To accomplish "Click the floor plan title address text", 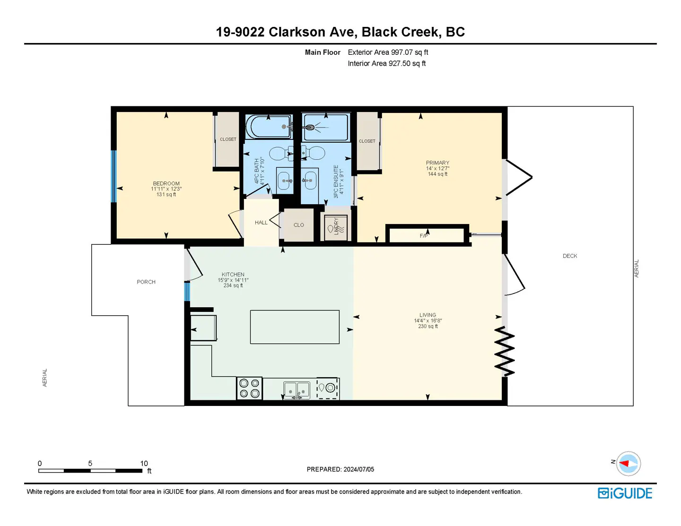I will click(x=340, y=32).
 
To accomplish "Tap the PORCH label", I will click(x=146, y=282).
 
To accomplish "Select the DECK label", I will click(x=569, y=256).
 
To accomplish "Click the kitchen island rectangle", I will click(x=294, y=327).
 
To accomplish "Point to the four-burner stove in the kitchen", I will click(x=249, y=388).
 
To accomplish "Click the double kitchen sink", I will click(x=297, y=390).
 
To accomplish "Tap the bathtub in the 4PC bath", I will click(x=269, y=127).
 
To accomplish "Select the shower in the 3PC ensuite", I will click(x=326, y=127).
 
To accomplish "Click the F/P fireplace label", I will click(x=424, y=236).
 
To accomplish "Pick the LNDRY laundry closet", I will click(x=336, y=227).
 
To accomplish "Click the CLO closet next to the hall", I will click(x=298, y=225).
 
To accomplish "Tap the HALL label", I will click(x=261, y=223).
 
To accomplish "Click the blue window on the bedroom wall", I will click(x=113, y=176).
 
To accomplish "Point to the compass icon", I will click(x=628, y=464).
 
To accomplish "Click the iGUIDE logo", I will click(x=625, y=493).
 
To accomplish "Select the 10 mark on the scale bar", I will click(x=144, y=464).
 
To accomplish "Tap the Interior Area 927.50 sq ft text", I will click(x=386, y=63).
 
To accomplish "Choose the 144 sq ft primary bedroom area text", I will click(x=437, y=174).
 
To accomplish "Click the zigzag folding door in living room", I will click(x=505, y=351).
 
